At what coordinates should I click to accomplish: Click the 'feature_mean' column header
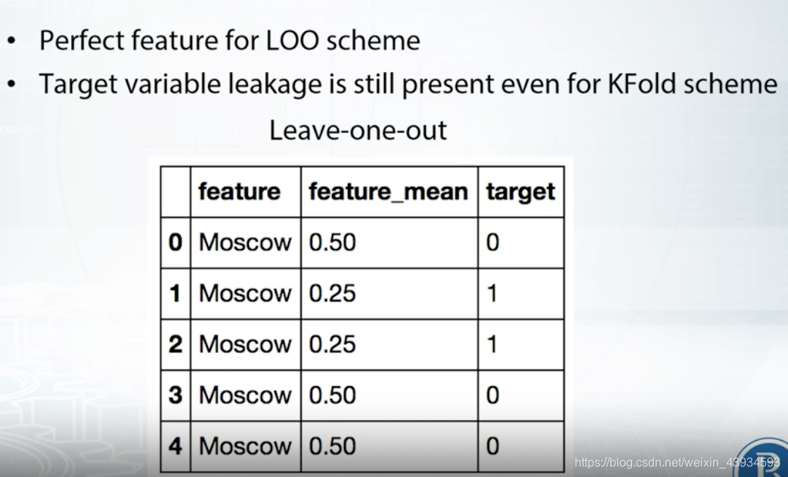388,192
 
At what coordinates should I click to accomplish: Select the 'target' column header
520,192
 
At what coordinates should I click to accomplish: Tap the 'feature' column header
239,192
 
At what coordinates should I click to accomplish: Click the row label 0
175,242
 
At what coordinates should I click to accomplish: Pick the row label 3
175,395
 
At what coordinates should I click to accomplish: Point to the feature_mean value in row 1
333,293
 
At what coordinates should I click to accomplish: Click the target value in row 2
492,344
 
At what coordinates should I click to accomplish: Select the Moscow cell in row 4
244,446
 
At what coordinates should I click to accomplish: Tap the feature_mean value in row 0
333,242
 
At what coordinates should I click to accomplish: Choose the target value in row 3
492,395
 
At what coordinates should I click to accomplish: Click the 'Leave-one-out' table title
358,130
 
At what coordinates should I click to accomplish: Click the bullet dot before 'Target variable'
11,84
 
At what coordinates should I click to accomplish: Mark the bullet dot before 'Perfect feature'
11,41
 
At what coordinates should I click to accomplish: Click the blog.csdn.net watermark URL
677,462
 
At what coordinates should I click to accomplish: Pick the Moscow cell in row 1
244,293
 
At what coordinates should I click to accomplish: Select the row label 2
175,344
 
